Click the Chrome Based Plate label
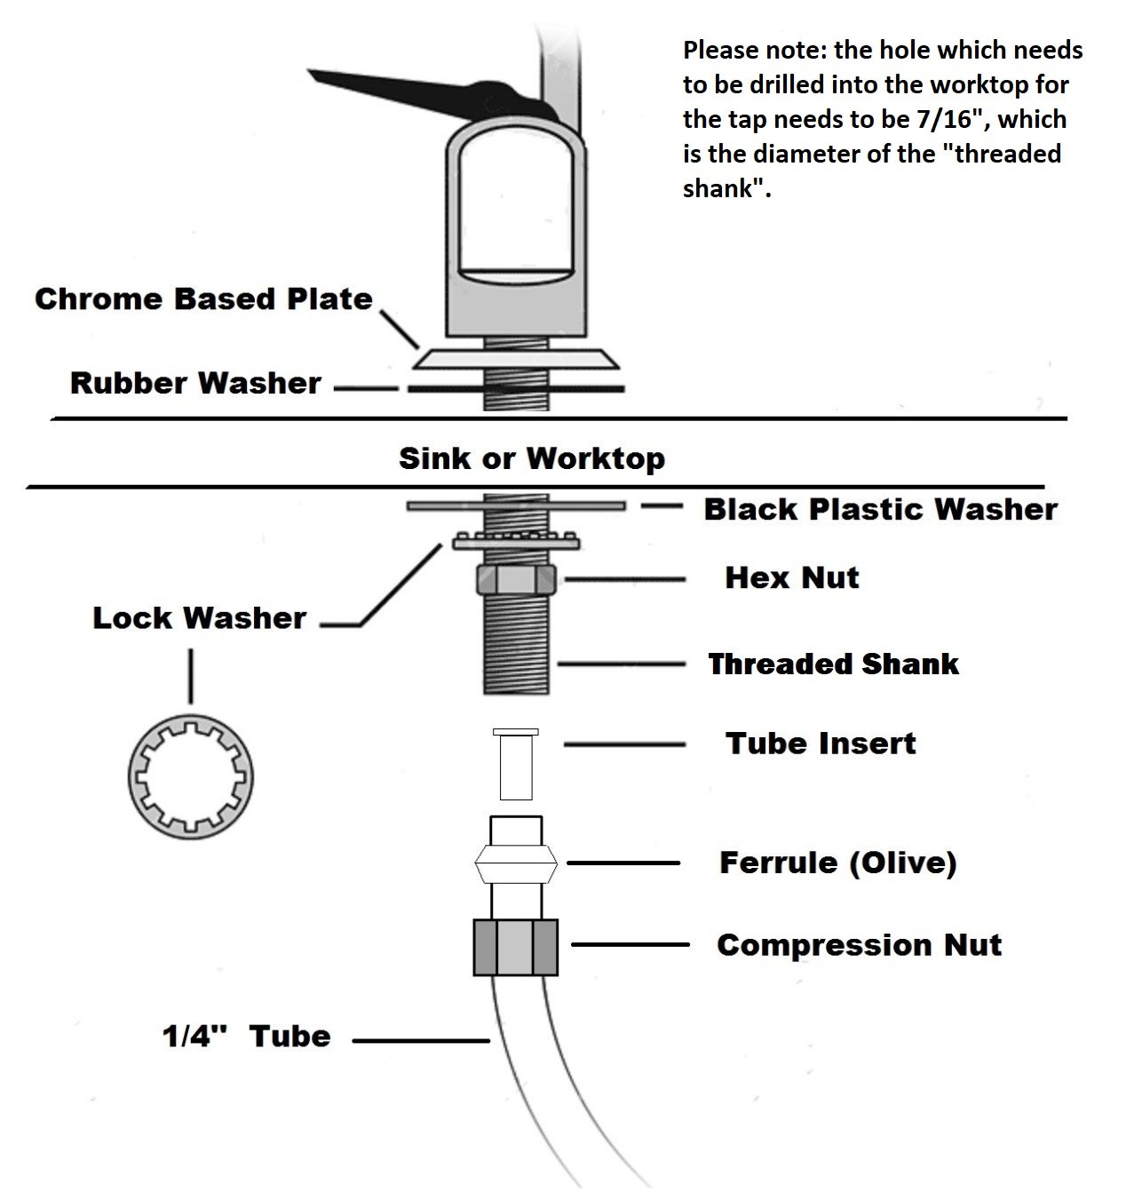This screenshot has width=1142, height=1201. point(203,298)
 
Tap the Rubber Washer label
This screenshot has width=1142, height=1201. point(195,384)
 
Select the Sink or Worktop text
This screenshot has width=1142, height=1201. point(531,458)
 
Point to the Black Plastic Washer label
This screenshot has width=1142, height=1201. point(880,509)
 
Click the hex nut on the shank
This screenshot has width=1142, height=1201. point(516,580)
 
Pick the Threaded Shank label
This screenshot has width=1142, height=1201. point(833,664)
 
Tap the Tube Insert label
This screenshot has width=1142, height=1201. point(820,743)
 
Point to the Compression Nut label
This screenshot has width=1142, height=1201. point(859,944)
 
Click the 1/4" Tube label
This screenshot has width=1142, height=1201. point(246,1036)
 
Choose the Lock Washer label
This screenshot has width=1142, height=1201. point(199,617)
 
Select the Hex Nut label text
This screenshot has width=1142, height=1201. point(791,577)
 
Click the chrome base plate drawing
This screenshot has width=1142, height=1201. point(515,358)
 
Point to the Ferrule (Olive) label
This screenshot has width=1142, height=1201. point(837,862)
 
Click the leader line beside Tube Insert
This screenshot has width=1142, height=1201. point(624,744)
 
